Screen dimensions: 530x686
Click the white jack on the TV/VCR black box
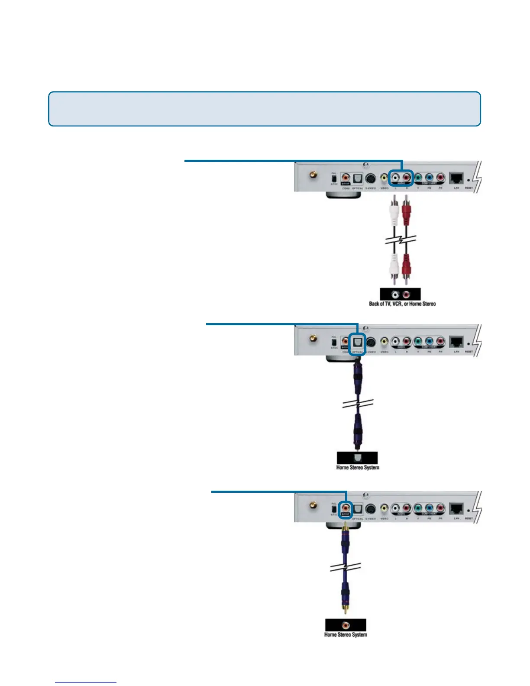click(395, 295)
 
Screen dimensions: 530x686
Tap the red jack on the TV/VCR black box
click(406, 295)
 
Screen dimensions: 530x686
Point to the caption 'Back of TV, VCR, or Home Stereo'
click(402, 304)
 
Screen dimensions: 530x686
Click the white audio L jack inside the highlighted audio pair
click(395, 177)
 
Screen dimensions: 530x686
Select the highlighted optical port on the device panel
click(357, 342)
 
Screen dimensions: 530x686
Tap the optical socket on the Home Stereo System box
click(357, 458)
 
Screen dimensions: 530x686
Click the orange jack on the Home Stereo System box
click(346, 625)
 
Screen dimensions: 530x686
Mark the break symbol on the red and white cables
click(401, 239)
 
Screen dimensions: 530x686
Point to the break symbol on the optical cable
click(358, 404)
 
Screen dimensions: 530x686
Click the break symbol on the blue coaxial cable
click(346, 567)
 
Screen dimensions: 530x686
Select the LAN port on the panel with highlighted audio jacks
click(456, 178)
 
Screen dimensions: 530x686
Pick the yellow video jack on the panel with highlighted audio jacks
click(384, 178)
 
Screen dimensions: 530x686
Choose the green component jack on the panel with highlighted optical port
click(418, 341)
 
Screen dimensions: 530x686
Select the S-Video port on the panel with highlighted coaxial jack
click(371, 508)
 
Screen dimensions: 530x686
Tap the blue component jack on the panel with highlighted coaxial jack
click(429, 508)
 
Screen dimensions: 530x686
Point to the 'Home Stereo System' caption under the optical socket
click(358, 468)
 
